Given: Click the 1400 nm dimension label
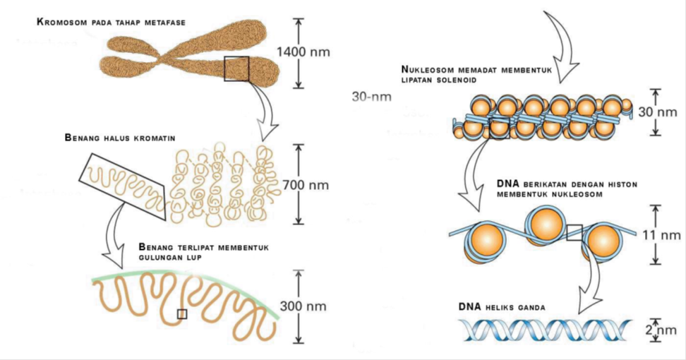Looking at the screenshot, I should coord(303,52).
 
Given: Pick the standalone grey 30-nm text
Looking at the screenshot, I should coord(371,97).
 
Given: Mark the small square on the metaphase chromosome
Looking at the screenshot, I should coord(236,68).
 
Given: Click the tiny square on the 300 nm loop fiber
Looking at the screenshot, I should coord(182,313).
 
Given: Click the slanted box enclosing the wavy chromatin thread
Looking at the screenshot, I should coord(124,182).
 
